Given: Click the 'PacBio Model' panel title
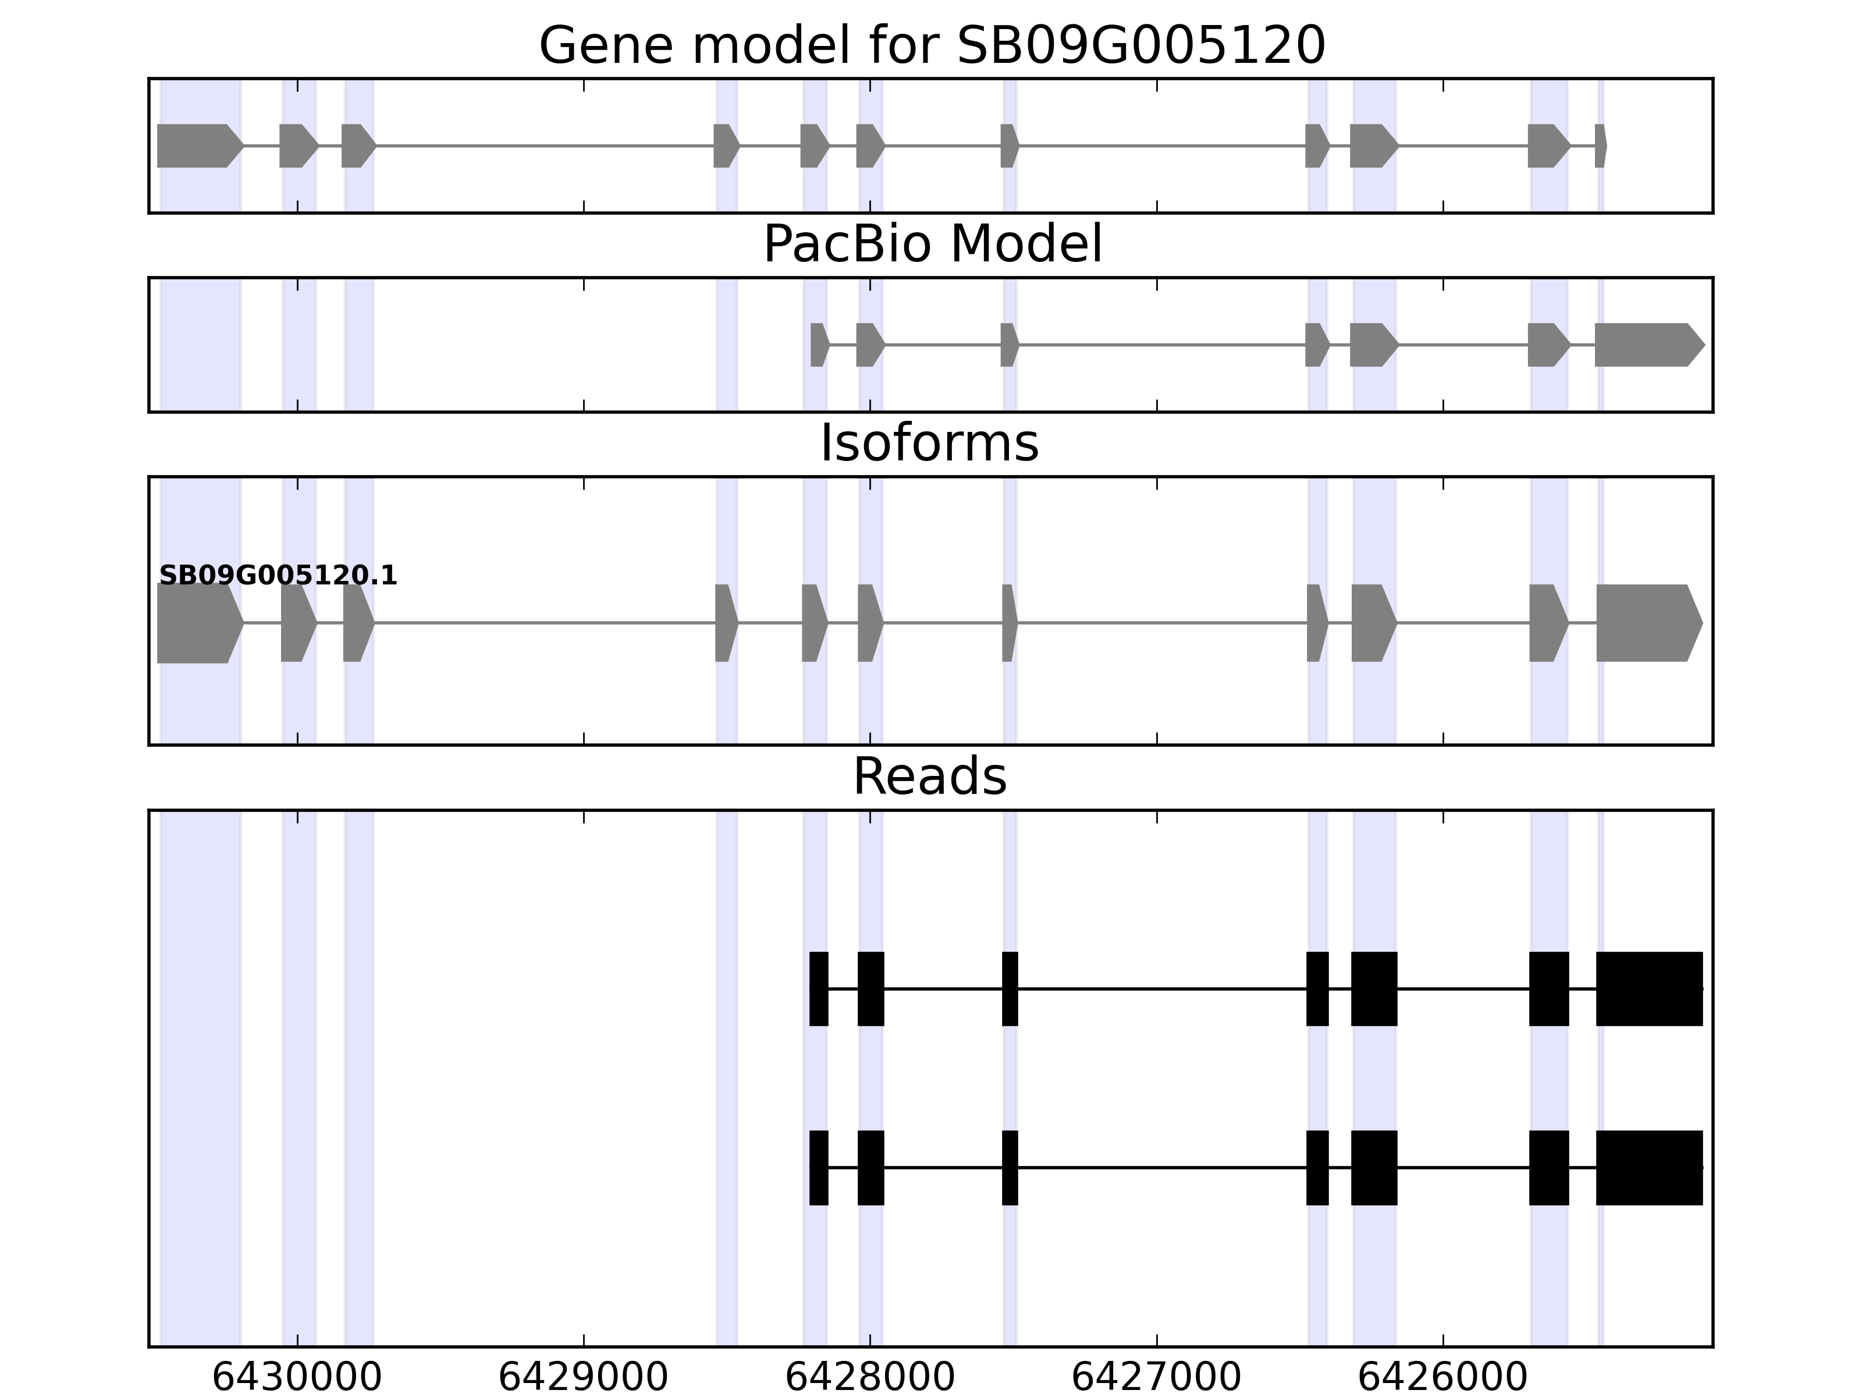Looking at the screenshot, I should [x=931, y=244].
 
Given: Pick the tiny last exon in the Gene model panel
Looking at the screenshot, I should [x=1600, y=146].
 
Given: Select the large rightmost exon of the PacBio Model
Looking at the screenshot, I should [x=1646, y=345].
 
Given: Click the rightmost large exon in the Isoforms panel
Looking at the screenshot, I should [x=1646, y=623].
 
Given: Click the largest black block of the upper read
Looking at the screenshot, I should [x=1649, y=988].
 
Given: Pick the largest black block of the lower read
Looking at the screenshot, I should [x=1649, y=1168].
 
